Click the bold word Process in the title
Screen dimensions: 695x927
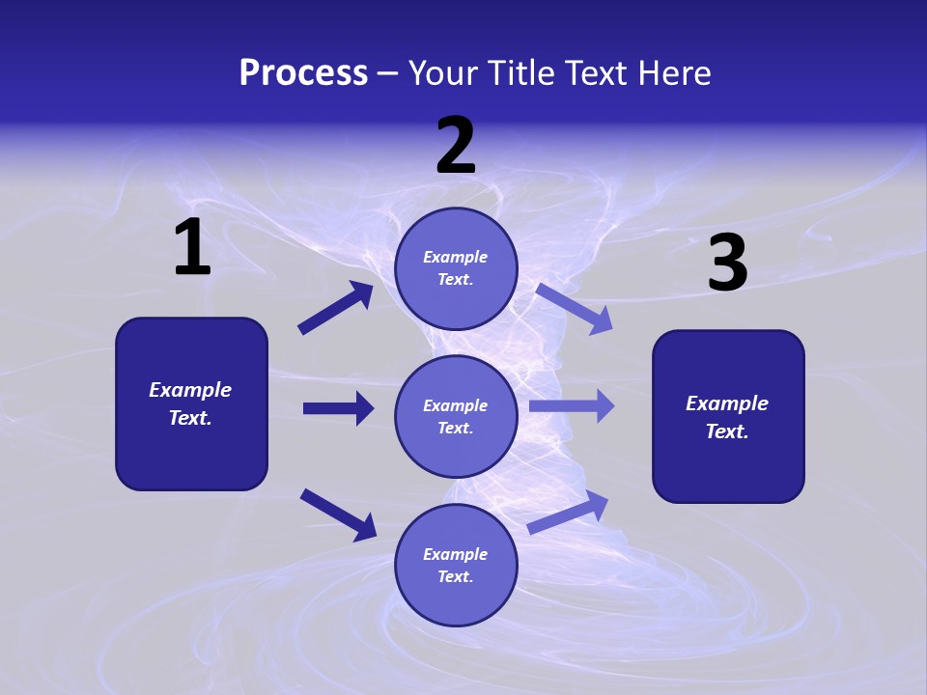[x=303, y=73]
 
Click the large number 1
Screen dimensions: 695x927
[x=192, y=248]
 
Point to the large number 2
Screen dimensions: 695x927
[x=456, y=146]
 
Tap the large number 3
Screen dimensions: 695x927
[x=727, y=264]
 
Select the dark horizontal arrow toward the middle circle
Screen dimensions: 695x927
[x=338, y=408]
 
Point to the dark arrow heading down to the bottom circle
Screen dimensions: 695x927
[x=338, y=514]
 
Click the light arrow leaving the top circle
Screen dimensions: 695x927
[x=575, y=308]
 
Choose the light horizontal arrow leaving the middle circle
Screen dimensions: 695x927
[x=572, y=406]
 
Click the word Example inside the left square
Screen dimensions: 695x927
[x=190, y=390]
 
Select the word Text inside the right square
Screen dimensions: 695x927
[x=726, y=431]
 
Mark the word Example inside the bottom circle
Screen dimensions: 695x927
[x=455, y=554]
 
